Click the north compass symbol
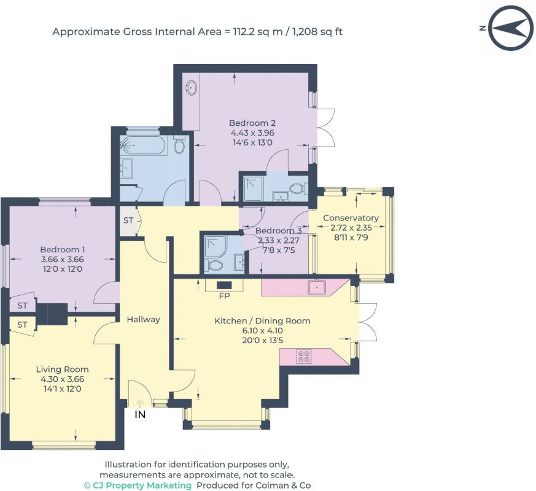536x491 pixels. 511,28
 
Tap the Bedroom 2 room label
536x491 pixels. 252,123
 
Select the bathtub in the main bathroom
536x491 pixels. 144,146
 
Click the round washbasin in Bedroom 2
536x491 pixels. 192,88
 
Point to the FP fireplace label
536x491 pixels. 224,296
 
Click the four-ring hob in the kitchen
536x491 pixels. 305,357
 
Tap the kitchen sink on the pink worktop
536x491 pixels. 317,287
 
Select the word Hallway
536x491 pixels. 143,320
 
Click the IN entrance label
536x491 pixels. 140,414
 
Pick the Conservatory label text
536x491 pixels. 351,218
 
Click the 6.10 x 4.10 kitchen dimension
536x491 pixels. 262,330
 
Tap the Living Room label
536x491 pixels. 62,369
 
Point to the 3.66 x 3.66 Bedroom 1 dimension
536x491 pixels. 62,260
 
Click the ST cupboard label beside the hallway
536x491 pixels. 128,220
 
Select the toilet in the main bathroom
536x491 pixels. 179,144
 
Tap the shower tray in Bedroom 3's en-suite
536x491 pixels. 215,245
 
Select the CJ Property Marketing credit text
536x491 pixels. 138,485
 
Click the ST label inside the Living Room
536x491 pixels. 22,325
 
